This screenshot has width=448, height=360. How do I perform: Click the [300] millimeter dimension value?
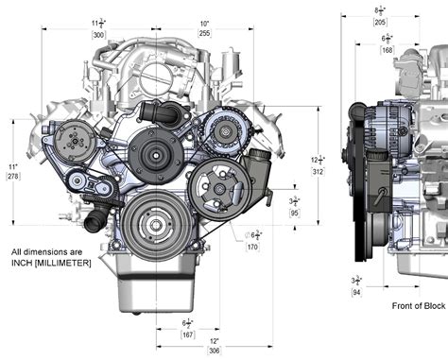point(125,34)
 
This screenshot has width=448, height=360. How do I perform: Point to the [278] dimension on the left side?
point(12,176)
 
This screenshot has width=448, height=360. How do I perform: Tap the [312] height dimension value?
point(317,172)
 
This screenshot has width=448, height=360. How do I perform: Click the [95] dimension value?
point(294,213)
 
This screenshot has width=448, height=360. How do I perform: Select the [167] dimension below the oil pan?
point(187,333)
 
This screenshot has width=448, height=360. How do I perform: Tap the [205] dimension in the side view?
point(380,21)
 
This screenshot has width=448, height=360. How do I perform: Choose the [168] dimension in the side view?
point(388,50)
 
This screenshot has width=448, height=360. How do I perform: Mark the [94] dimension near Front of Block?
point(355,292)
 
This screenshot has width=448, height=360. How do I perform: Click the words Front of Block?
point(419,306)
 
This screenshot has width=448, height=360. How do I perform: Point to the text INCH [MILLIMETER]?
point(51,262)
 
